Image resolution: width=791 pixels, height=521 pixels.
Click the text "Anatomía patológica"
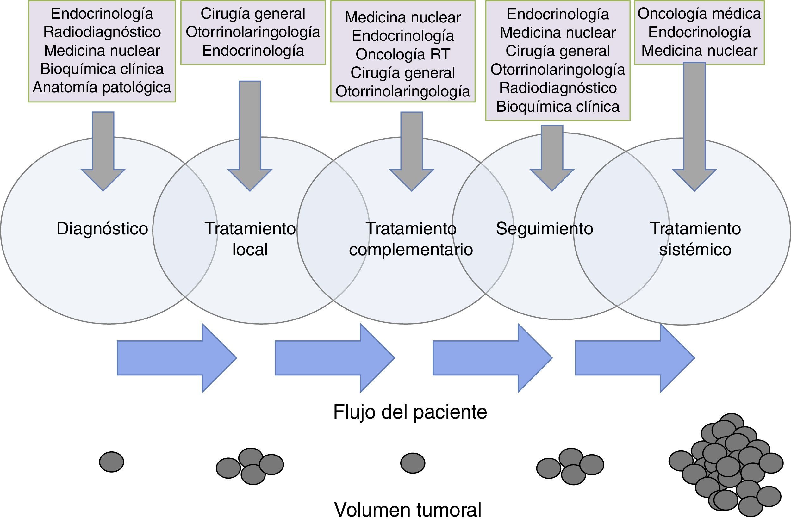coord(102,87)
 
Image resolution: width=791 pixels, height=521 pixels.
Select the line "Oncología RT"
coord(403,54)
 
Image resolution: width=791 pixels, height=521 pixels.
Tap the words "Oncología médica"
coord(699,14)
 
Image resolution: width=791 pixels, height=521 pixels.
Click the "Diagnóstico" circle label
coord(102,229)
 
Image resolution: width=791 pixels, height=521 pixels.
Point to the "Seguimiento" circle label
coord(545,229)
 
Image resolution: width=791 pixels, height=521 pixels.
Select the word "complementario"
coord(411,250)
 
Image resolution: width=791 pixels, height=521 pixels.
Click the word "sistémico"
coord(695,250)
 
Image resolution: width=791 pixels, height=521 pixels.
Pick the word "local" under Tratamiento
coord(250,250)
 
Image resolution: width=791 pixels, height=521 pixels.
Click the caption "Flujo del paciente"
coord(410,412)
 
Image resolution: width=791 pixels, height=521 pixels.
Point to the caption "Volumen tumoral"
coord(408,510)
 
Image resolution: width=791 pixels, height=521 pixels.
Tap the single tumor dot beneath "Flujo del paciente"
coord(413,463)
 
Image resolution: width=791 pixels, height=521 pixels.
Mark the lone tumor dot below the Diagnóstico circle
coord(112,462)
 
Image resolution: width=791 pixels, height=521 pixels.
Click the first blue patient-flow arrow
coord(176,358)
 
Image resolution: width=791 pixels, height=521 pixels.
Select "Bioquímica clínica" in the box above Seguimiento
coord(558,107)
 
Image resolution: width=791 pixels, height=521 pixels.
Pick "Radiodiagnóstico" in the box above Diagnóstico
coord(102,32)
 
